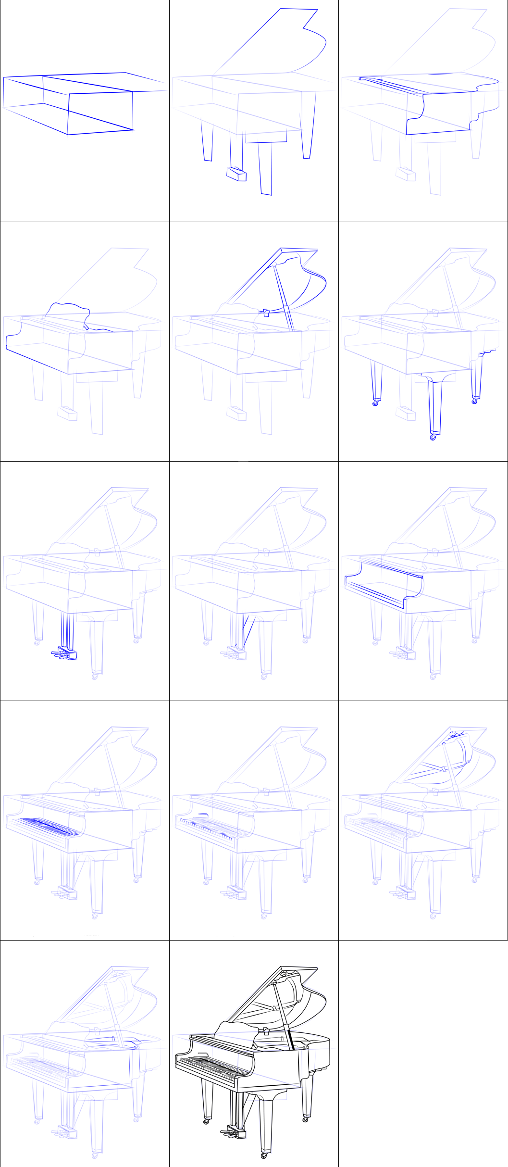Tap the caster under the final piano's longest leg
click(x=264, y=1155)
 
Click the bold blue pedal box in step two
click(x=236, y=174)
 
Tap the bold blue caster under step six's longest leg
click(x=433, y=438)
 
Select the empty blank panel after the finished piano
click(x=423, y=1053)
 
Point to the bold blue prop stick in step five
click(x=284, y=298)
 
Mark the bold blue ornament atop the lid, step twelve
click(x=453, y=734)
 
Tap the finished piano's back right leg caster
click(x=305, y=1119)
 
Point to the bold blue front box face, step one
click(x=100, y=113)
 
